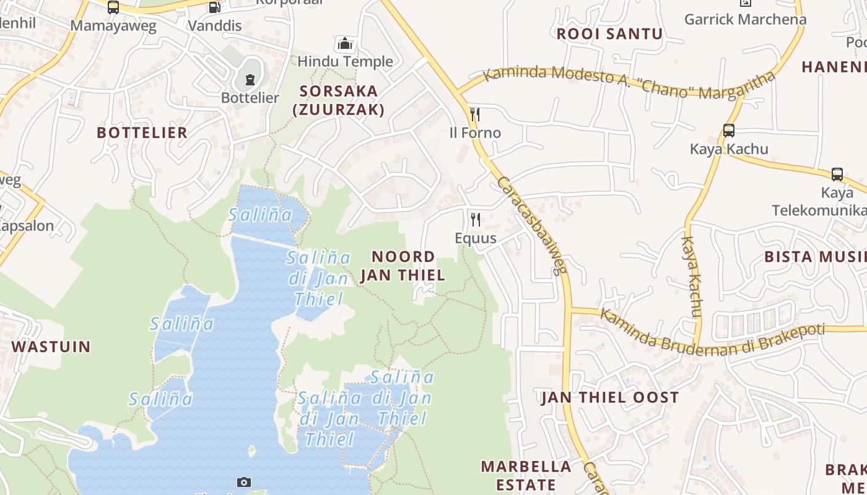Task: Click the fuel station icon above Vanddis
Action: coord(214,7)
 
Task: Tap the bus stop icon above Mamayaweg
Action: coord(113,7)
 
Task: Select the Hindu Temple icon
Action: coord(345,43)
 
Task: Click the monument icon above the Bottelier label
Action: coord(250,79)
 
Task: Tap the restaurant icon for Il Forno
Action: coord(475,114)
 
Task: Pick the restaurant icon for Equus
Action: coord(475,220)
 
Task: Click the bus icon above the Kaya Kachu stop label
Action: coord(729,131)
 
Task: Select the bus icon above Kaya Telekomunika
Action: coord(837,174)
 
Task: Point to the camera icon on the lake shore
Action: coord(244,482)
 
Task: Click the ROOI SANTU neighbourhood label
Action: coord(609,34)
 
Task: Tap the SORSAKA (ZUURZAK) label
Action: coord(339,100)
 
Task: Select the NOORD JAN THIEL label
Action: coord(403,265)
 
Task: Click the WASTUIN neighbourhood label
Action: coord(51,346)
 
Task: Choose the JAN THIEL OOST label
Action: coord(610,397)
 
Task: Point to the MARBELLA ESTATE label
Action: coord(526,475)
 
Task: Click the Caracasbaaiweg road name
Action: coord(532,225)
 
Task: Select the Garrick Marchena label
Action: coord(745,19)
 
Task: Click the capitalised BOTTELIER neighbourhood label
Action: coord(142,132)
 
